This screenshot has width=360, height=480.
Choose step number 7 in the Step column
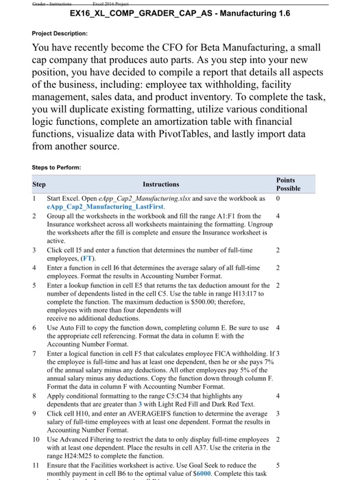40,352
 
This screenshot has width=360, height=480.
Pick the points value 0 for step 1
278,197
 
